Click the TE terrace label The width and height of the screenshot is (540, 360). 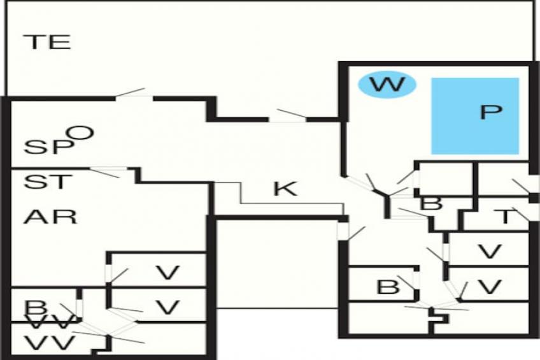(x=46, y=43)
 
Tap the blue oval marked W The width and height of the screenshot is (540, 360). (x=386, y=84)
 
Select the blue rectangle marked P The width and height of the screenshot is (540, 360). (x=475, y=115)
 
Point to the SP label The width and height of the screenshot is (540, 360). (x=46, y=147)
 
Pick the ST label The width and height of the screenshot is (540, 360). (x=45, y=182)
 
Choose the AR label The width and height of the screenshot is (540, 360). (x=51, y=217)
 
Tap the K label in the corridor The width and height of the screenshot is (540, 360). (x=285, y=189)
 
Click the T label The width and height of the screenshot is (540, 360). (x=505, y=217)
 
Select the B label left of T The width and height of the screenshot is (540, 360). (x=432, y=204)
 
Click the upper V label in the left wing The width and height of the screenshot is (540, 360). (x=167, y=273)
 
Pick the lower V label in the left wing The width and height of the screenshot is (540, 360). (x=167, y=308)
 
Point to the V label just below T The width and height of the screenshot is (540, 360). (x=489, y=252)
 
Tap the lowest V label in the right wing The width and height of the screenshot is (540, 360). (x=489, y=287)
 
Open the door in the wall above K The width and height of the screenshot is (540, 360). (x=287, y=117)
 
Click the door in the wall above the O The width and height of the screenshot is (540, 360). (x=134, y=95)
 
